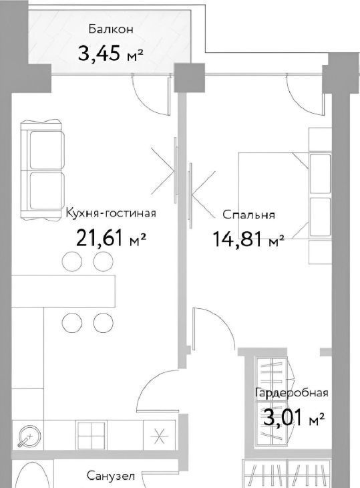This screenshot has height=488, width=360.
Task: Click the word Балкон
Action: (111, 29)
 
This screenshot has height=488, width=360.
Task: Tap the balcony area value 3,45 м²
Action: (111, 53)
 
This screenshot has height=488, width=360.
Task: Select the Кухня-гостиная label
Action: (111, 213)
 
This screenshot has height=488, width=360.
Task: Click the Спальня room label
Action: (248, 215)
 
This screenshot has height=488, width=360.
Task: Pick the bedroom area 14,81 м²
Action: (248, 239)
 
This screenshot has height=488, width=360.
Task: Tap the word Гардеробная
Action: (292, 392)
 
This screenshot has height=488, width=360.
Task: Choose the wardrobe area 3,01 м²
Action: (294, 418)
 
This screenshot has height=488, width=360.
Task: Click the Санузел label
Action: (111, 476)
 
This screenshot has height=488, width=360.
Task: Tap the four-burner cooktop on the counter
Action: (92, 436)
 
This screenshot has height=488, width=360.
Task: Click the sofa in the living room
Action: (42, 170)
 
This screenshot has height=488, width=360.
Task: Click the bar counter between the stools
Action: (63, 291)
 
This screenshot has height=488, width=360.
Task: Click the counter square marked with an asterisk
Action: (159, 435)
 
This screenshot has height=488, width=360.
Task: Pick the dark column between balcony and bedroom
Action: (189, 78)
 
